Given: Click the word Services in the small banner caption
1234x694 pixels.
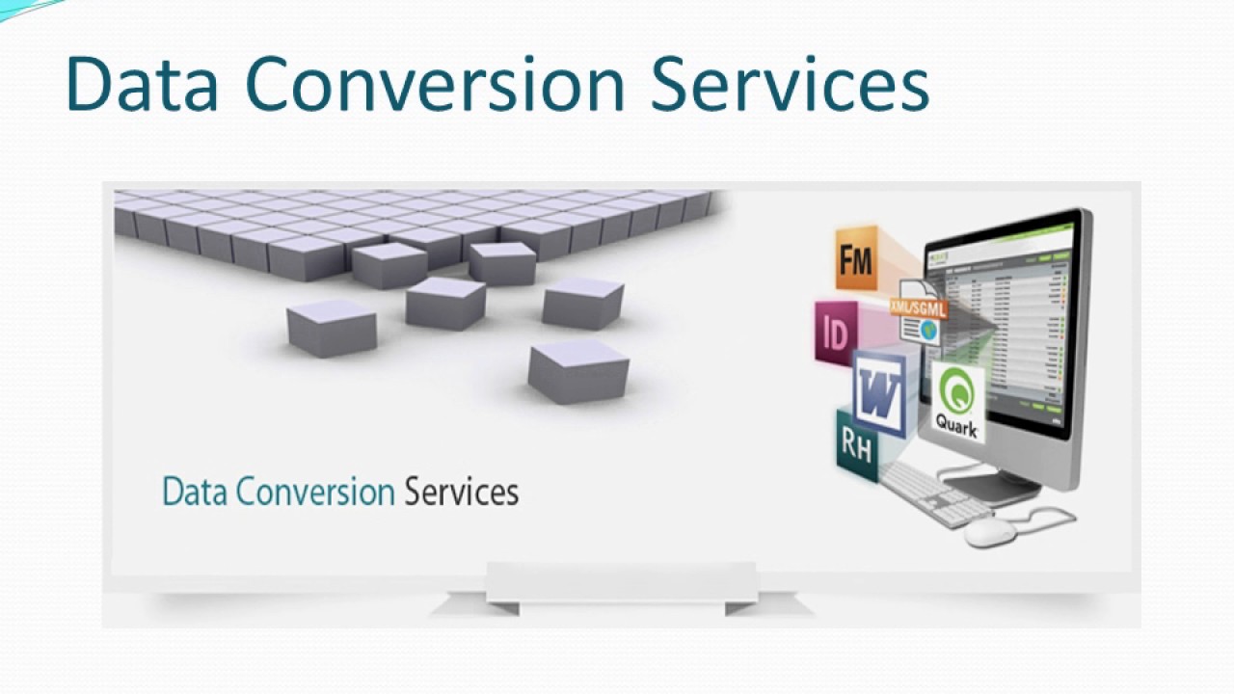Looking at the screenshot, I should pyautogui.click(x=461, y=492).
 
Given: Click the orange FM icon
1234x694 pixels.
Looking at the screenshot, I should pyautogui.click(x=856, y=257).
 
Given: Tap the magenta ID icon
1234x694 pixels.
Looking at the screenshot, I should pyautogui.click(x=835, y=333).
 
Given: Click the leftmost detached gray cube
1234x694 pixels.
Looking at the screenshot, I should pyautogui.click(x=332, y=328).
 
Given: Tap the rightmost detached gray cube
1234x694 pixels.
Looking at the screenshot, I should pyautogui.click(x=583, y=304).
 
